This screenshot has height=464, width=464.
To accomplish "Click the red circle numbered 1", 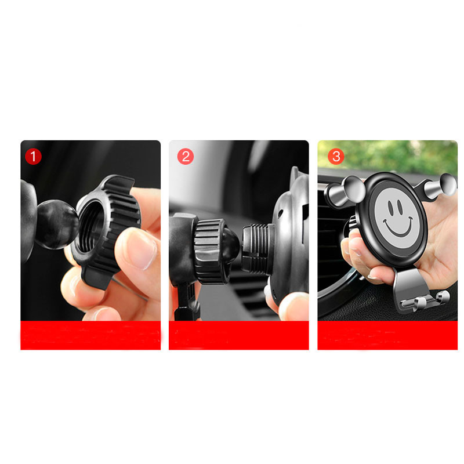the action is point(33,156).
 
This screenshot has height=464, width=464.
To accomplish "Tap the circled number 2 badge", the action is point(186,156).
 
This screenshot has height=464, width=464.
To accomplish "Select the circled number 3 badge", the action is point(336,156).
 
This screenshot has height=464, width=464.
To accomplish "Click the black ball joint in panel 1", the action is point(57,224).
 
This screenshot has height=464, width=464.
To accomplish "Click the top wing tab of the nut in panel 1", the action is point(118,182).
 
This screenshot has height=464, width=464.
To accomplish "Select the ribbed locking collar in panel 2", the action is point(211,251).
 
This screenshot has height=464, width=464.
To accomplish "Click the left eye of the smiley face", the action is point(390,208).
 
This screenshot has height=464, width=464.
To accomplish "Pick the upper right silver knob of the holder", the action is point(441,186).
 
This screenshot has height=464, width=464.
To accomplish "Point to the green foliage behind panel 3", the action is point(387,156).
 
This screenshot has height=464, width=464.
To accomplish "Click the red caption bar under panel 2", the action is point(239,335).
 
